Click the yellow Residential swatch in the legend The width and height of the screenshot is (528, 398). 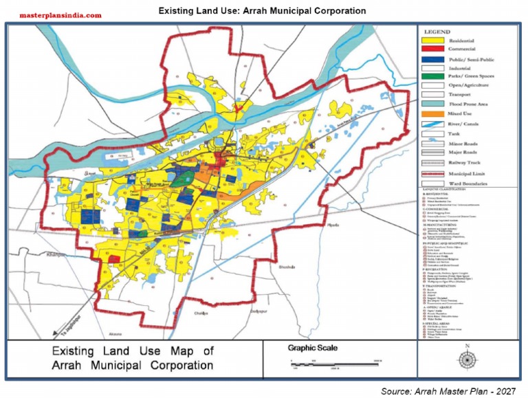432,41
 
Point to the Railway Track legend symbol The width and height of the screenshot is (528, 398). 432,164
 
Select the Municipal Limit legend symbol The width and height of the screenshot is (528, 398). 432,174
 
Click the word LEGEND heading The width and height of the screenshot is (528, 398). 437,32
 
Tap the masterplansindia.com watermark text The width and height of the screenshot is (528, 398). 60,14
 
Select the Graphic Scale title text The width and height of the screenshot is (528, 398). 313,348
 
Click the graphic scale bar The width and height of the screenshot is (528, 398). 333,363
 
